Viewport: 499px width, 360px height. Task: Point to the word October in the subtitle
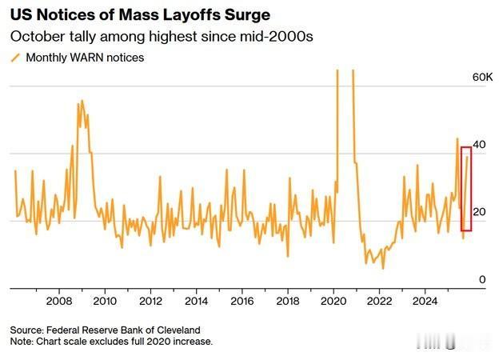click(x=36, y=37)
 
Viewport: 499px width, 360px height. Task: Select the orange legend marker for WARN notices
click(x=14, y=58)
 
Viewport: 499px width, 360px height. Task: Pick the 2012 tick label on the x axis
click(x=150, y=302)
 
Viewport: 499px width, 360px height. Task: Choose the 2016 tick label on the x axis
click(x=242, y=302)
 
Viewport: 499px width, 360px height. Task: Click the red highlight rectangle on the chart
click(x=466, y=190)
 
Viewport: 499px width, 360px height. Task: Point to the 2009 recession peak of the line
click(x=82, y=102)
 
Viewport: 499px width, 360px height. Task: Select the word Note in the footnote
click(x=22, y=342)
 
